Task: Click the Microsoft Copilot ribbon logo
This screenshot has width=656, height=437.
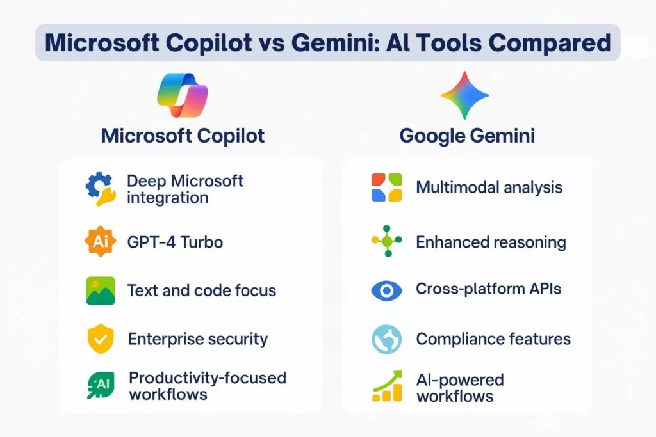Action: (183, 95)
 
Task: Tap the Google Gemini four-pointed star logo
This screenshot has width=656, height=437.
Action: (464, 95)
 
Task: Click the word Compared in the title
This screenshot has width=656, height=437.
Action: (550, 43)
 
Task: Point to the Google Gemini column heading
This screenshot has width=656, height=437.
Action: (467, 136)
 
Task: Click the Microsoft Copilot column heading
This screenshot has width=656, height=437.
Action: (183, 136)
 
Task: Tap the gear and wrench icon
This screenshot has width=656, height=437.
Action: (101, 189)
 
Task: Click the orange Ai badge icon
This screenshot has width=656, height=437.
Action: (101, 241)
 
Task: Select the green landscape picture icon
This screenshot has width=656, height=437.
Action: (101, 290)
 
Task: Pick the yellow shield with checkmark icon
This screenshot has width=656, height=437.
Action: (101, 338)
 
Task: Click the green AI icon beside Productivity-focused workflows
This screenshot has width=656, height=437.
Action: (101, 385)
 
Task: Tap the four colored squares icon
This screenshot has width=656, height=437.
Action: (386, 187)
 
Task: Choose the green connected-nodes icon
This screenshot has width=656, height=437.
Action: (387, 241)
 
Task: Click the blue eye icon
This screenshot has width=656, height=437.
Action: (386, 290)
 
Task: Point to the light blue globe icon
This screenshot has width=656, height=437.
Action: (386, 339)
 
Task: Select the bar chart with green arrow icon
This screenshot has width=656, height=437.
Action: (388, 386)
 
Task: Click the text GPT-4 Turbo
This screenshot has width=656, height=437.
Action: (175, 242)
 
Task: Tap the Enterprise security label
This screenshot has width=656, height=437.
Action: (198, 339)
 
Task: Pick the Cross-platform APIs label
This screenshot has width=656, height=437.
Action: (488, 289)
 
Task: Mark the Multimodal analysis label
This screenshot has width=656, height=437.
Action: (489, 187)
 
